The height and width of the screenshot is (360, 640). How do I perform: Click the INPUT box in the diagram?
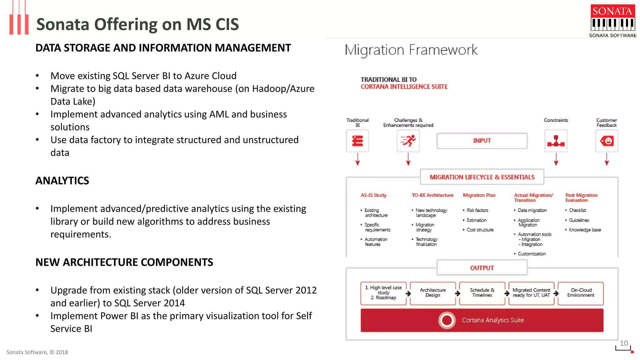[x=482, y=141]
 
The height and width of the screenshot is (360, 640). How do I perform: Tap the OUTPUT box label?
[x=482, y=268]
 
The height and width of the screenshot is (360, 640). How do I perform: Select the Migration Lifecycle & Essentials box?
[x=482, y=177]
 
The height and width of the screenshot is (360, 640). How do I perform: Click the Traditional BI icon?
[x=357, y=141]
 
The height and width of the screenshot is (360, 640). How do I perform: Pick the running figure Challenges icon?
[x=408, y=141]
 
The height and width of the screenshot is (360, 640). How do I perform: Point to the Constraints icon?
[x=556, y=141]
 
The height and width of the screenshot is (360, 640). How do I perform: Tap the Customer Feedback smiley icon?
[x=607, y=141]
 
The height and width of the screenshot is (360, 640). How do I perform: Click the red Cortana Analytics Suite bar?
[x=482, y=320]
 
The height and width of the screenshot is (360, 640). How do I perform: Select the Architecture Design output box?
[x=432, y=293]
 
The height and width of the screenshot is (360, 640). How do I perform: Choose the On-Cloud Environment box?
[x=581, y=293]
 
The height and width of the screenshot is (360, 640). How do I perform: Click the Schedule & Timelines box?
[x=482, y=293]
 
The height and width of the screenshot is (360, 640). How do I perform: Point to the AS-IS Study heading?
[x=373, y=195]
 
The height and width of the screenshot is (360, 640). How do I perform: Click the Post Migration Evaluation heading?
[x=581, y=197]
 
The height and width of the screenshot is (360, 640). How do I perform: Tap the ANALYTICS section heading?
[x=62, y=181]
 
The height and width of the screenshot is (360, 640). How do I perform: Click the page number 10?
[x=624, y=343]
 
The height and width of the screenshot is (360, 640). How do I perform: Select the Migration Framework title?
[x=411, y=50]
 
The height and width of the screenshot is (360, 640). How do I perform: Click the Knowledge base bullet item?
[x=585, y=230]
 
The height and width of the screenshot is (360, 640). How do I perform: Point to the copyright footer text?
[x=37, y=352]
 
